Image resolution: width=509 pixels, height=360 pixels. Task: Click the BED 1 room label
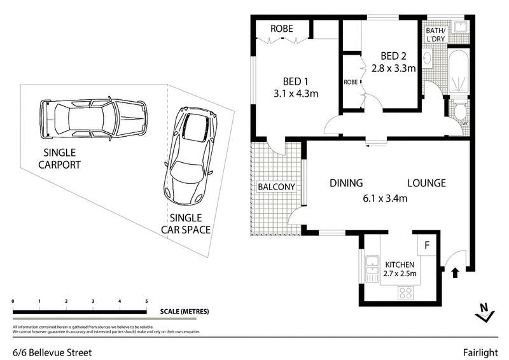pyautogui.click(x=295, y=81)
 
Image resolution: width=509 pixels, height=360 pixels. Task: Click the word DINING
pyautogui.click(x=346, y=183)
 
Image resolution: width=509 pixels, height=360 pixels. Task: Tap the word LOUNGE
pyautogui.click(x=426, y=183)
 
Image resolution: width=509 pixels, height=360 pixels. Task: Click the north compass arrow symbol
pyautogui.click(x=485, y=310)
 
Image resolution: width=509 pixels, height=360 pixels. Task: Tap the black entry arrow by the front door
pyautogui.click(x=455, y=273)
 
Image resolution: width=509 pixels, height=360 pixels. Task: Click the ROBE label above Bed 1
pyautogui.click(x=281, y=29)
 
